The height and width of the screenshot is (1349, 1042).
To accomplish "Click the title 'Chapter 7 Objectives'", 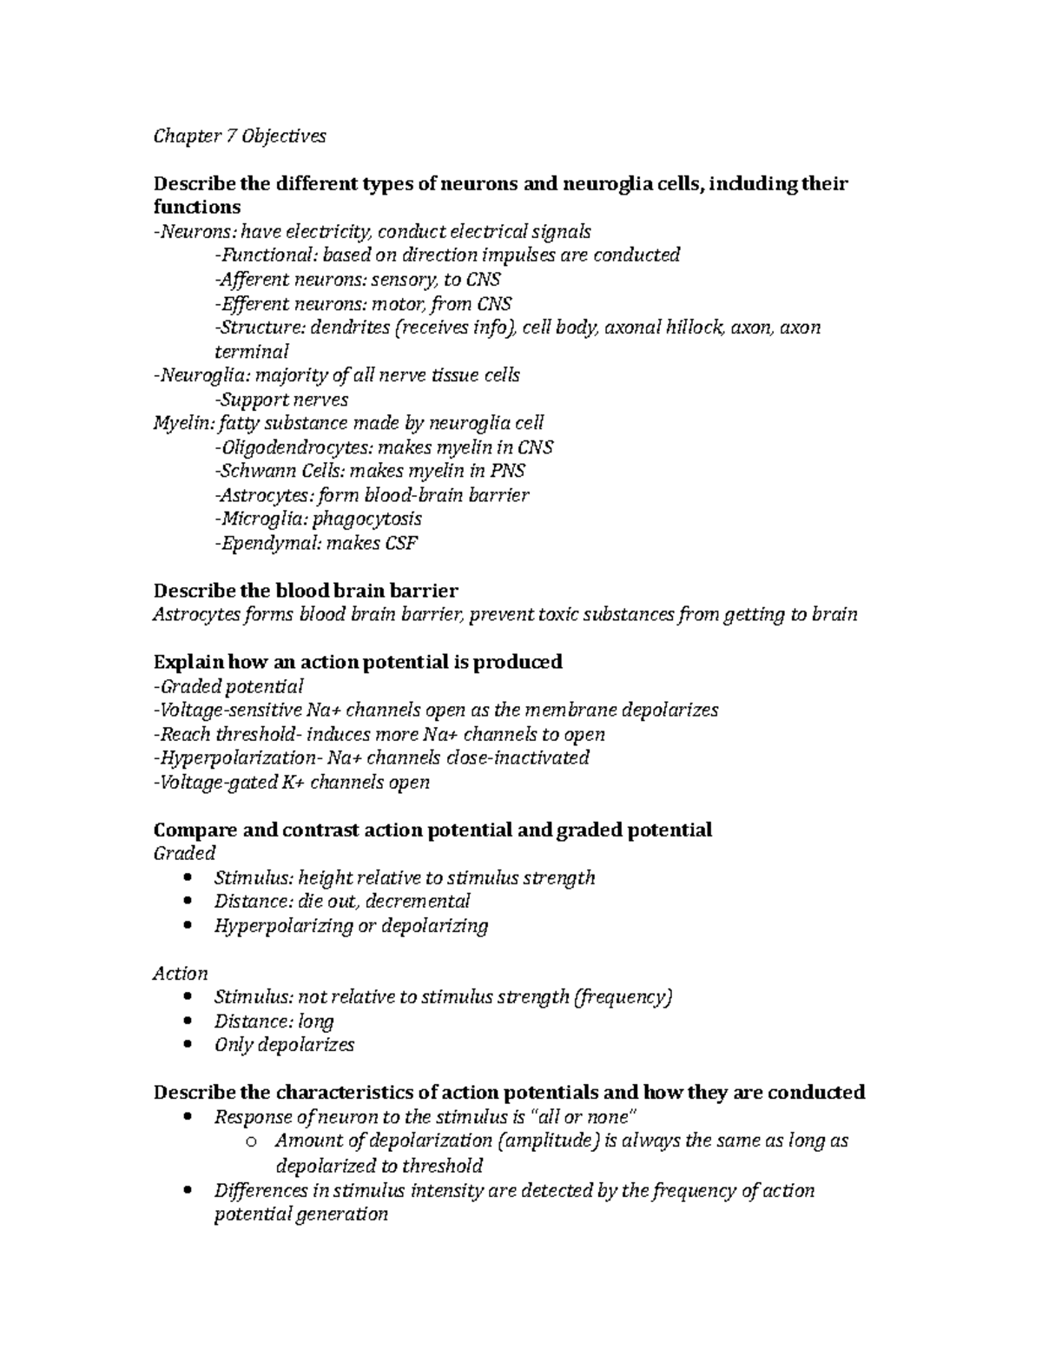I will coord(240,136).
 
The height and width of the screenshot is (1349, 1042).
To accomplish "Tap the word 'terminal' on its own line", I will coord(251,352).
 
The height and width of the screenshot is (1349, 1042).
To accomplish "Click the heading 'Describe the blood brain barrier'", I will coord(305,591).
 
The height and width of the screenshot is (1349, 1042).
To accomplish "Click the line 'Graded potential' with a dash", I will coord(228,686).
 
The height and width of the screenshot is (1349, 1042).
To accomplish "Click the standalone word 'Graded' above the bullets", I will coord(184,853).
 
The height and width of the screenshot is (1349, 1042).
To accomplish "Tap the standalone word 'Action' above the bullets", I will coord(181,974).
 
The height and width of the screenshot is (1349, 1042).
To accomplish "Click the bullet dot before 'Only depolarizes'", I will coord(189,1046).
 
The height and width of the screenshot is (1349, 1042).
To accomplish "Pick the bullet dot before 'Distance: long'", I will coord(189,1022).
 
